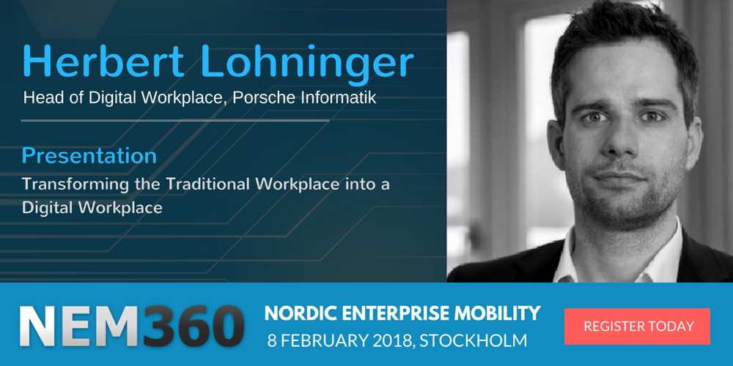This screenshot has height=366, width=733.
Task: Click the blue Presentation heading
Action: [x=89, y=156]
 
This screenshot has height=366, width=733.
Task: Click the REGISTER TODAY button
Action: [x=637, y=326]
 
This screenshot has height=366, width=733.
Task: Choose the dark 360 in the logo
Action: [x=193, y=326]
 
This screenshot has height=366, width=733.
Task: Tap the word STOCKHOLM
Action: [x=473, y=340]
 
